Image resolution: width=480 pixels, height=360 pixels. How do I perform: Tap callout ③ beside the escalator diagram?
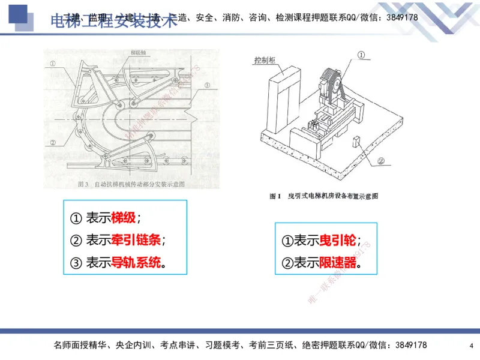click(206, 86)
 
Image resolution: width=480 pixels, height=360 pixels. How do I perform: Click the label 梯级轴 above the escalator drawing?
click(139, 53)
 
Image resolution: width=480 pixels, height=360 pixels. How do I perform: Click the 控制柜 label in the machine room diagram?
click(265, 60)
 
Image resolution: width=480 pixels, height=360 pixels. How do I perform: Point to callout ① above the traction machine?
click(361, 55)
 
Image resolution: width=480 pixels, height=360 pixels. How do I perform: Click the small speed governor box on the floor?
click(356, 142)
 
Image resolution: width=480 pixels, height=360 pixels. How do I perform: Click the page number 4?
click(471, 346)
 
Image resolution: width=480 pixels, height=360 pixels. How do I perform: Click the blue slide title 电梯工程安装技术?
click(114, 22)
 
